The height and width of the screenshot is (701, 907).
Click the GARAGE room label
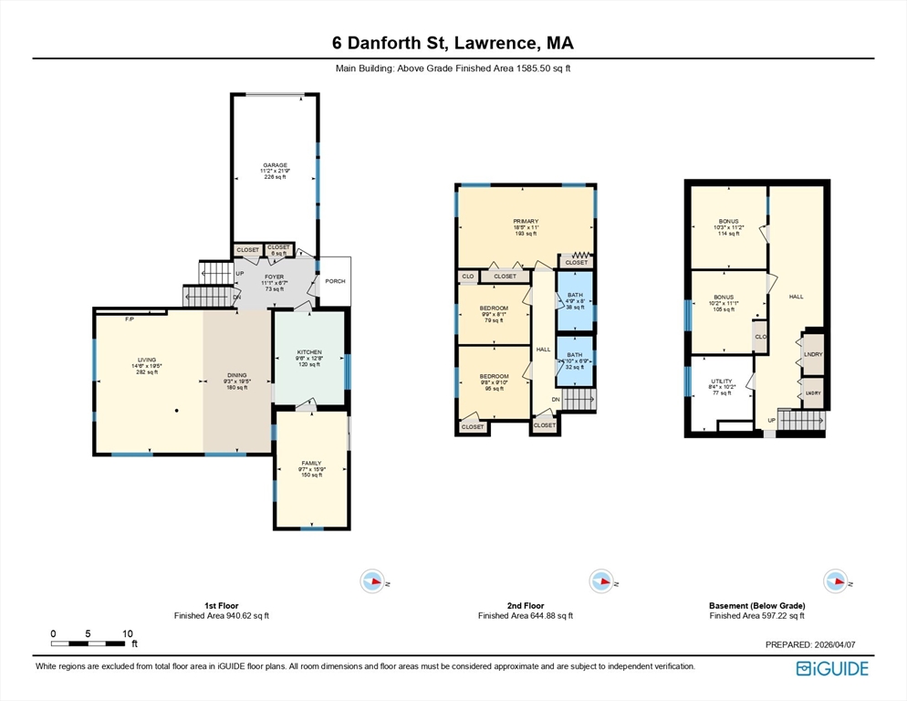click(x=275, y=165)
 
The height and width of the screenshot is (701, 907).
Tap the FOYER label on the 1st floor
click(x=275, y=276)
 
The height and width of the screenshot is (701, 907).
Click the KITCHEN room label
click(x=309, y=352)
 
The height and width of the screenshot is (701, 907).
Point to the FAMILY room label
click(x=312, y=464)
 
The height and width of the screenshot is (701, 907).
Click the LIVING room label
click(x=148, y=361)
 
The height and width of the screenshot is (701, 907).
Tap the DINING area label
click(x=238, y=375)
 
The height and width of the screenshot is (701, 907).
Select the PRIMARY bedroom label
click(x=525, y=221)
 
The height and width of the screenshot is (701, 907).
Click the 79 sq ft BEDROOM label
click(x=494, y=309)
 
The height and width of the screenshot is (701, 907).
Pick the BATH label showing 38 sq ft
click(x=575, y=295)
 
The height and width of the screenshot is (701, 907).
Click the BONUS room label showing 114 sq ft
click(x=727, y=221)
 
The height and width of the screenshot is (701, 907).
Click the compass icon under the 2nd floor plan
click(x=600, y=581)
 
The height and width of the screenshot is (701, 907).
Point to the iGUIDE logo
click(x=831, y=669)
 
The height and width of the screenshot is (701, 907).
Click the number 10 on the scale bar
click(x=128, y=633)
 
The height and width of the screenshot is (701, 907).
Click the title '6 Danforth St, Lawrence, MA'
click(x=453, y=43)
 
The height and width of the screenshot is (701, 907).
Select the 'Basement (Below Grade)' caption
click(x=756, y=605)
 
